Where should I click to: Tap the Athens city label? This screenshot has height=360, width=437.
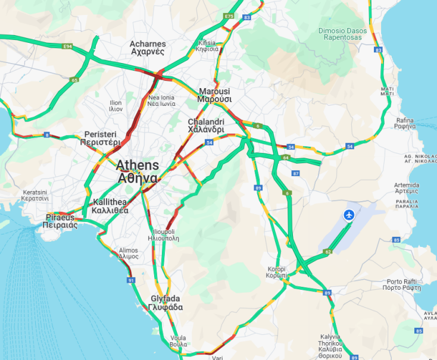[138, 171]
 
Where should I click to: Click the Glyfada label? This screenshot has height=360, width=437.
[166, 303]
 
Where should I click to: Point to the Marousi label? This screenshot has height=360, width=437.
[214, 95]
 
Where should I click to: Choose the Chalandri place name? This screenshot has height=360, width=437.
[206, 126]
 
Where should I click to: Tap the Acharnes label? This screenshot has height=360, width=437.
[147, 48]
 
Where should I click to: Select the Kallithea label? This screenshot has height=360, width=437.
[111, 206]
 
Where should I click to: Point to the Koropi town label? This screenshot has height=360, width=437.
[277, 272]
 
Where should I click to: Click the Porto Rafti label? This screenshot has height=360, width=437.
[404, 284]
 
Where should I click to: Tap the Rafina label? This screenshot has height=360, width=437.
[405, 123]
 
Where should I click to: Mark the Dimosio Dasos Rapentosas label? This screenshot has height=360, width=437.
[340, 33]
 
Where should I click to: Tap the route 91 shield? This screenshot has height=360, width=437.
[131, 280]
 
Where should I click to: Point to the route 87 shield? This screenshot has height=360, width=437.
[296, 173]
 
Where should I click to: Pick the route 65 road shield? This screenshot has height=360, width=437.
[74, 80]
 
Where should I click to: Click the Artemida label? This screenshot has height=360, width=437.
[406, 189]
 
